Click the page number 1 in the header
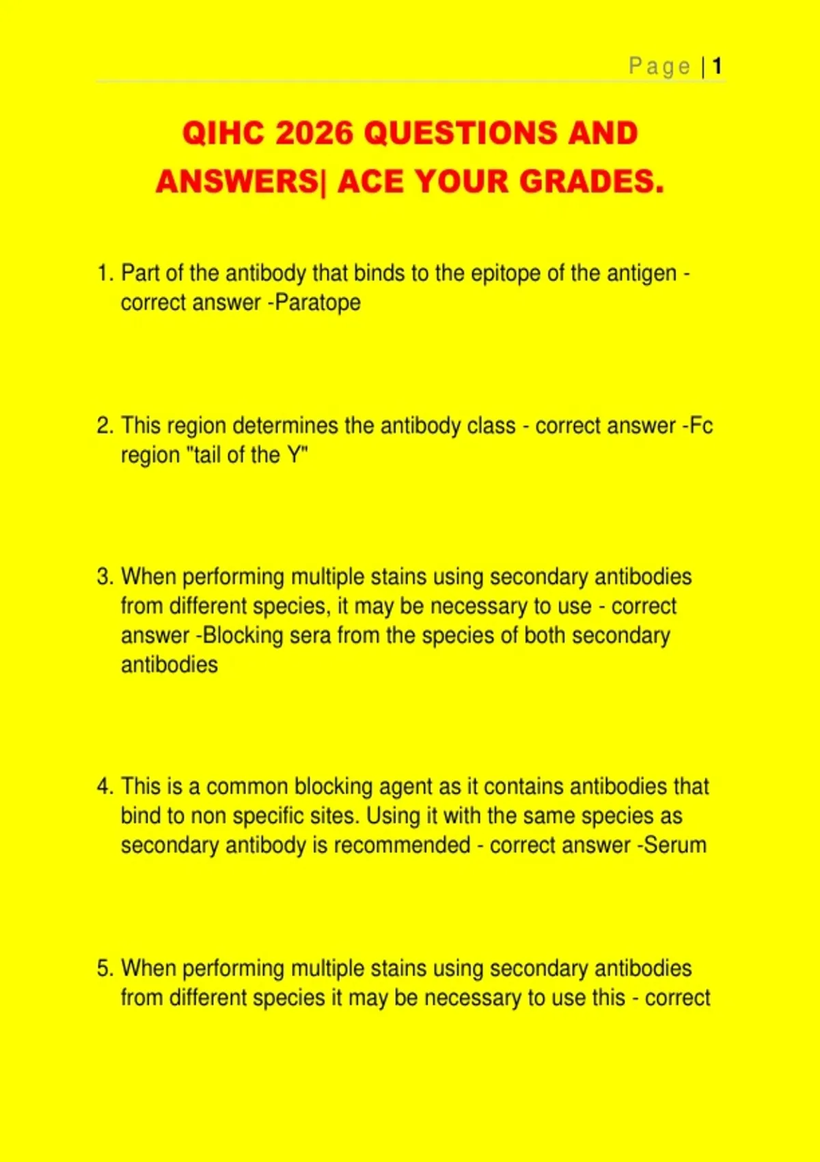pyautogui.click(x=717, y=66)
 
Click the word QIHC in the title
pyautogui.click(x=223, y=133)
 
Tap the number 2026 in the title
pyautogui.click(x=314, y=133)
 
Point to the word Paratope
pyautogui.click(x=318, y=303)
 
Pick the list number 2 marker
pyautogui.click(x=105, y=426)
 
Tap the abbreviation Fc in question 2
pyautogui.click(x=701, y=426)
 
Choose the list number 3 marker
pyautogui.click(x=105, y=577)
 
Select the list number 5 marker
pyautogui.click(x=105, y=969)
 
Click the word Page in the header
pyautogui.click(x=659, y=66)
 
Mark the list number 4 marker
pyautogui.click(x=105, y=787)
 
